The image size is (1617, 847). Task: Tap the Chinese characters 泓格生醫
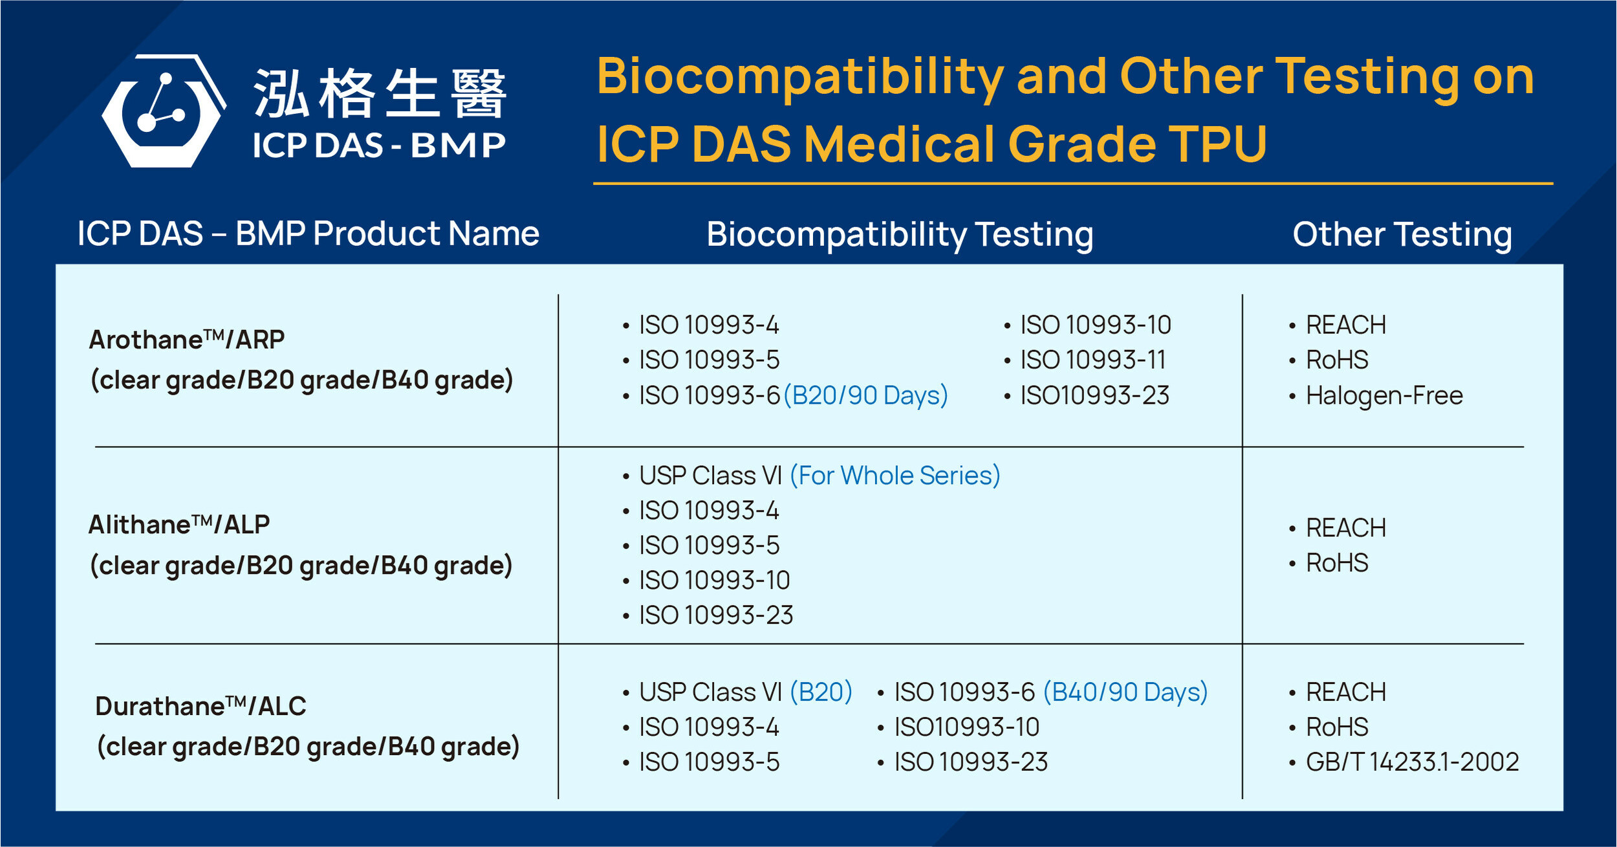click(x=380, y=94)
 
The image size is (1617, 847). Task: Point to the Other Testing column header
click(x=1402, y=234)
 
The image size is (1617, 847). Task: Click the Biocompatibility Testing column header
click(x=900, y=234)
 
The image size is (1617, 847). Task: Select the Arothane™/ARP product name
click(x=187, y=340)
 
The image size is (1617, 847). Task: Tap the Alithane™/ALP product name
click(x=179, y=525)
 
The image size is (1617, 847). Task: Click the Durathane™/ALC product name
click(x=201, y=706)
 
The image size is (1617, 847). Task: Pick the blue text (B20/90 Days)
click(x=865, y=395)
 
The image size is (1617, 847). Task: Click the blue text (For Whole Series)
click(x=895, y=476)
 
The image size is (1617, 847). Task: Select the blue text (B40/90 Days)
click(x=1125, y=692)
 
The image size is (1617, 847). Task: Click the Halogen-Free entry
click(x=1384, y=395)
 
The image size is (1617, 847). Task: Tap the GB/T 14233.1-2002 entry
click(x=1412, y=762)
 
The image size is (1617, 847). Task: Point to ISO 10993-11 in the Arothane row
click(x=1092, y=360)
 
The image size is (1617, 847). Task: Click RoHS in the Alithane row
click(x=1337, y=563)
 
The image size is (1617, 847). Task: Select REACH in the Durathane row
click(x=1345, y=692)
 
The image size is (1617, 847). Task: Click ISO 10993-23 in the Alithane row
click(x=715, y=615)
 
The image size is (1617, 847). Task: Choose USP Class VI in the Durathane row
click(x=710, y=692)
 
